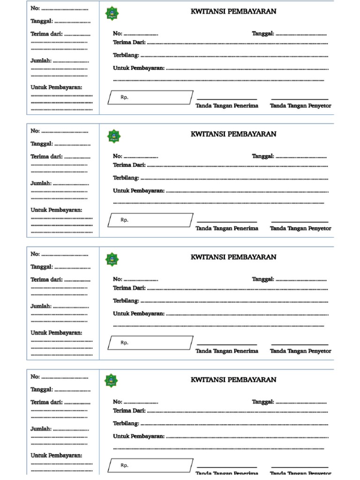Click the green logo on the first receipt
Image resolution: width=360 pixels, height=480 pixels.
click(112, 14)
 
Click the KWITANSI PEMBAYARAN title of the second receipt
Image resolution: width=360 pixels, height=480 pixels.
click(233, 134)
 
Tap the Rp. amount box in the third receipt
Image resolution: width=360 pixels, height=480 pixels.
click(150, 343)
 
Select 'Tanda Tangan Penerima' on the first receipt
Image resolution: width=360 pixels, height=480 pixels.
click(227, 105)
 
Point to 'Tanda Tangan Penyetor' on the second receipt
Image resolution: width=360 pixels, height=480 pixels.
click(300, 228)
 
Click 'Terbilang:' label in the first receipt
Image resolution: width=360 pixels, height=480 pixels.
click(126, 55)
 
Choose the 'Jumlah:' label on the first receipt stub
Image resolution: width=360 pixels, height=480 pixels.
click(41, 61)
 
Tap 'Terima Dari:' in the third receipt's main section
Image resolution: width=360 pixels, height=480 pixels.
click(129, 288)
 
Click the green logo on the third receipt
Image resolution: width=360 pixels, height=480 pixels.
click(112, 259)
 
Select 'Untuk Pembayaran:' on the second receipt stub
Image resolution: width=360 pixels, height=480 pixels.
click(56, 210)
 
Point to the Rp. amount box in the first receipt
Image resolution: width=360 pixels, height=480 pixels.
click(150, 97)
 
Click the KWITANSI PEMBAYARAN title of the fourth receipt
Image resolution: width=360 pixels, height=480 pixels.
click(233, 380)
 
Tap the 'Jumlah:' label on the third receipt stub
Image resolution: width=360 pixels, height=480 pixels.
click(41, 306)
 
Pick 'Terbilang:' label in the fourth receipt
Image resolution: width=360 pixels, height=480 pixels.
click(126, 423)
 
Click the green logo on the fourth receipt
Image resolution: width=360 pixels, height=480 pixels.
click(112, 381)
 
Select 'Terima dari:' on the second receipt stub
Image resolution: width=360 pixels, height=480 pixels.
click(46, 157)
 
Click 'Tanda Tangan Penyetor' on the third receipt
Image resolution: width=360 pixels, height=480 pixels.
click(300, 351)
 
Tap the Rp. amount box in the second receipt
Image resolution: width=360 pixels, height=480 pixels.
click(150, 220)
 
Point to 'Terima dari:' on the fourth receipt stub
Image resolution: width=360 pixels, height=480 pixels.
click(46, 402)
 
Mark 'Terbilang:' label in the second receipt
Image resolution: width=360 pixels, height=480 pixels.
click(126, 178)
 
